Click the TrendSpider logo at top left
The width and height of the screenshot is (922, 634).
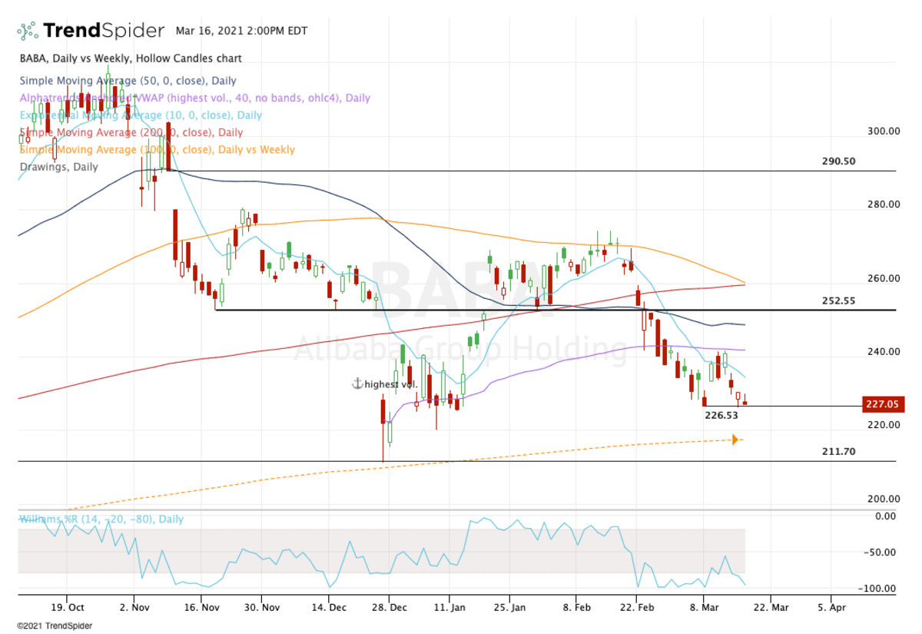coord(91,31)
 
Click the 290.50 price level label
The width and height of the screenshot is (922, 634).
coord(838,161)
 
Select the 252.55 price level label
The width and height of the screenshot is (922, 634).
coord(838,300)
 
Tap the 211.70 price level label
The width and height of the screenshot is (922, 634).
coord(838,451)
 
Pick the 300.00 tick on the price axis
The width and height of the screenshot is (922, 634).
coord(884,131)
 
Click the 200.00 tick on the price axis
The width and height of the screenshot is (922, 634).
coord(884,499)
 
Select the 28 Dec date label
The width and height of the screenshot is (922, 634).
coord(389,606)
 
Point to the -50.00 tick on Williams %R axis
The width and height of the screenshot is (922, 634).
coord(882,552)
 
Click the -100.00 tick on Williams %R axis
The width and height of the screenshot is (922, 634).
coord(881,589)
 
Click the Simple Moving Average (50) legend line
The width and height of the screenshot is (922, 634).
coord(128,81)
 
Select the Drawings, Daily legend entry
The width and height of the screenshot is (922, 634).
coord(58,167)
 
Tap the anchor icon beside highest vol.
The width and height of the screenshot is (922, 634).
coord(357,383)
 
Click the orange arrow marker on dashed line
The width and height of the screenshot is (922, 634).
coord(736,440)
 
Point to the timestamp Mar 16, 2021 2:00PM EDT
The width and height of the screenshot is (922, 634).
coord(241,32)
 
